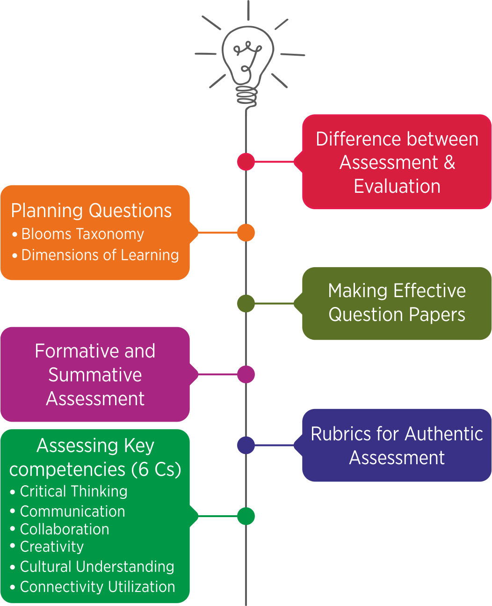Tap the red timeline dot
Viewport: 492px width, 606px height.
pos(246,161)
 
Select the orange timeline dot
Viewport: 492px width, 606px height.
pos(246,233)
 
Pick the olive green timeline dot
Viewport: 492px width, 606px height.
pos(246,303)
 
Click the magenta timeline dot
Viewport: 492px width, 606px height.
pos(246,374)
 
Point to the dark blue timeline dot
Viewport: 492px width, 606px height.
pos(246,445)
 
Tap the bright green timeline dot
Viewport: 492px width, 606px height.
pos(246,516)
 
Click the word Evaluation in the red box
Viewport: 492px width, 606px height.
pos(397,186)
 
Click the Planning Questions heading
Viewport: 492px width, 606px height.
pos(91,211)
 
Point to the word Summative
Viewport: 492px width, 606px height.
pos(95,375)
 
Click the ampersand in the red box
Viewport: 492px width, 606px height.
pos(449,162)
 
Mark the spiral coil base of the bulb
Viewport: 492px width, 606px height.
pos(247,95)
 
